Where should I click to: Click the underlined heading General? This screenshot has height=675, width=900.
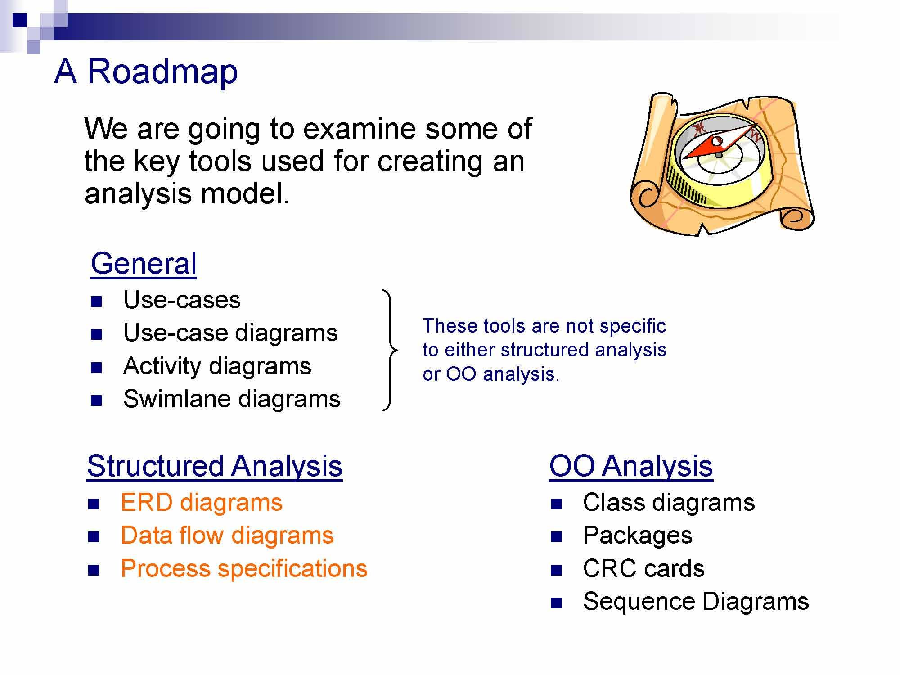144,264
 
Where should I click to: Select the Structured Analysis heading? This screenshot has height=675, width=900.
215,466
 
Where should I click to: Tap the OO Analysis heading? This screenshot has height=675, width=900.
631,466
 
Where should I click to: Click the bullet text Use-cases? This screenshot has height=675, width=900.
182,300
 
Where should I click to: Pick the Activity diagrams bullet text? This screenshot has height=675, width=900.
217,366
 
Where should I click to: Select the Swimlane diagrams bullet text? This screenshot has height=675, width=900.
232,399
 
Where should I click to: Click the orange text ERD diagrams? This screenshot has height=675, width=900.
202,503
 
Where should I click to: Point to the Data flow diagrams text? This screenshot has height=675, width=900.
227,535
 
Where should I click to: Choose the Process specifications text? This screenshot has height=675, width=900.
244,569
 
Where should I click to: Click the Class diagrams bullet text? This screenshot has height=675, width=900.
669,503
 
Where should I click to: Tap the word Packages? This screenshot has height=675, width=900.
638,535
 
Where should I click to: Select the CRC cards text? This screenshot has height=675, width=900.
643,569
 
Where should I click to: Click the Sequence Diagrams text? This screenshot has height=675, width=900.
696,602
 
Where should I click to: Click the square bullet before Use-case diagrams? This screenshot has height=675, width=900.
96,334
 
